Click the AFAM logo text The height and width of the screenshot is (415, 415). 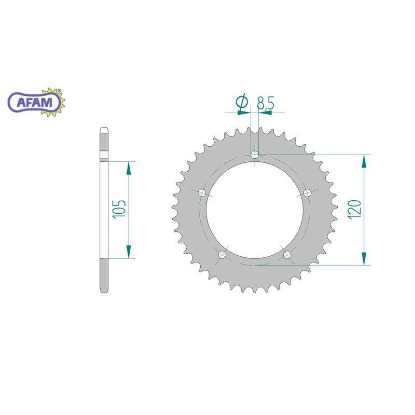34,102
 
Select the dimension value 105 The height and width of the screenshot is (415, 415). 120,210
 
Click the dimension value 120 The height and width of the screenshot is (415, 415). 355,210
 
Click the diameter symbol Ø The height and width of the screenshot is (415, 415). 242,102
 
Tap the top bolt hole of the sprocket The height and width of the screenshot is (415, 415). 255,154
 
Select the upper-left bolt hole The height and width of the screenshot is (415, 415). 202,192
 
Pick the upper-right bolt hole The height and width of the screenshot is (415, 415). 307,192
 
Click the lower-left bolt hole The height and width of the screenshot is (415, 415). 222,255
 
